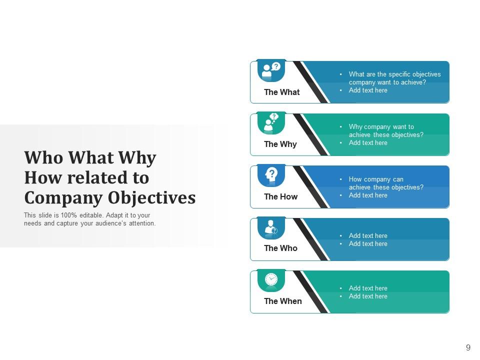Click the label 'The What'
coord(281,92)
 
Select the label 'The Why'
coord(280,144)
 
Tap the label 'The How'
coord(280,196)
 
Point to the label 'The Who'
coord(280,248)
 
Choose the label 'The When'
coord(282,301)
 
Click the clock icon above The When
coord(271,279)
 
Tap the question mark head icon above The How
coord(271,174)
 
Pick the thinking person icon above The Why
coord(271,122)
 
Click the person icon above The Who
coord(271,227)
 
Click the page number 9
coord(468,347)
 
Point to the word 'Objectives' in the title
coord(151,198)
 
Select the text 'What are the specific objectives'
coord(394,74)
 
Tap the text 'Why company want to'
coord(381,127)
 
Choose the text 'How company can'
coord(376,179)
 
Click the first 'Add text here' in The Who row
coord(368,235)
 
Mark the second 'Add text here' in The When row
coord(368,296)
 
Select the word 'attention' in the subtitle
coord(141,223)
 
